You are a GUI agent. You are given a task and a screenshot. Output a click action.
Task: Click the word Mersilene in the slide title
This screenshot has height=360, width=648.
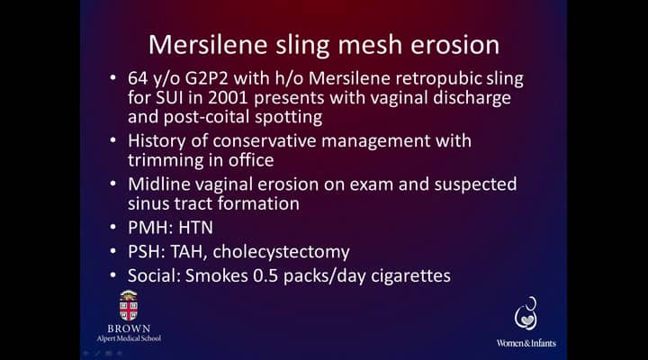(208, 45)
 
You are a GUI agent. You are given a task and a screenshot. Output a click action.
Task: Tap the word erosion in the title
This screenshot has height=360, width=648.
(454, 45)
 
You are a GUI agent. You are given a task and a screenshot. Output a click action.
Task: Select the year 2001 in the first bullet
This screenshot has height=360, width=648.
(228, 98)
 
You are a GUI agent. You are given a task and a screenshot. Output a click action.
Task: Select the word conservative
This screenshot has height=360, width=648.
(265, 141)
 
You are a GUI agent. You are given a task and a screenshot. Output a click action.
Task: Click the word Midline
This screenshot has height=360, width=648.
(158, 184)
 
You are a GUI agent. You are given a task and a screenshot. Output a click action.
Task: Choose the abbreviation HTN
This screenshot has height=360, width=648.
(196, 228)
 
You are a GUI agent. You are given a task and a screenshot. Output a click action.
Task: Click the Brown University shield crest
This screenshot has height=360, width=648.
(129, 306)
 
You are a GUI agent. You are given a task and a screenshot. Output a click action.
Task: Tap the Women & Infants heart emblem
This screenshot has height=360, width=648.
(526, 314)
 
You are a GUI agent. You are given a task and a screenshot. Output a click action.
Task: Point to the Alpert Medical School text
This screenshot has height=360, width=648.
(129, 338)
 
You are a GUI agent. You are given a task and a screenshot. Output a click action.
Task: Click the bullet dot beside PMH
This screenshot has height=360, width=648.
(113, 227)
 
